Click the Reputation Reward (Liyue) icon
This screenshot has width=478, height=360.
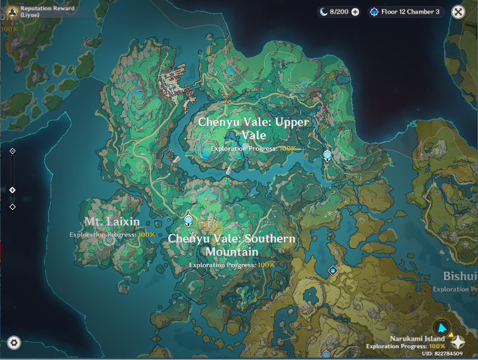point(10,11)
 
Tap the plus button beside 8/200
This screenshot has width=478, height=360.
point(355,12)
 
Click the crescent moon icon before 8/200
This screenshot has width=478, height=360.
point(323,12)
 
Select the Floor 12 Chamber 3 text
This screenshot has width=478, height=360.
point(410,12)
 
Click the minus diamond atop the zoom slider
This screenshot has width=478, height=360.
point(13,151)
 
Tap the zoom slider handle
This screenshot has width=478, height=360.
point(13,190)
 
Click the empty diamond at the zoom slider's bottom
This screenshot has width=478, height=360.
point(13,207)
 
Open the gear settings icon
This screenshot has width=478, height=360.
point(14,342)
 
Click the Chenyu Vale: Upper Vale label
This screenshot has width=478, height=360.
point(254,128)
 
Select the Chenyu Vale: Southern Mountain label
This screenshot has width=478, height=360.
point(232,244)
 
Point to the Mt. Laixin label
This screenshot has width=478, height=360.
point(112,222)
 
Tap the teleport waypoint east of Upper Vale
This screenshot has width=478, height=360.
point(327,156)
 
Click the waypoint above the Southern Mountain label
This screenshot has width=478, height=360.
point(189,221)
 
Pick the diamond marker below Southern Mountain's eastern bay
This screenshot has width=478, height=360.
point(333,270)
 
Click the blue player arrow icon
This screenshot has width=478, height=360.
point(442,327)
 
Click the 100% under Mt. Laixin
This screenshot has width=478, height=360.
point(147,234)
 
